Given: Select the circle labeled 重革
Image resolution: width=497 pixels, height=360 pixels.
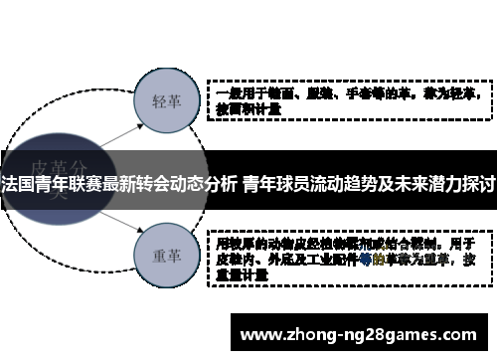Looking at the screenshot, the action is (165, 254).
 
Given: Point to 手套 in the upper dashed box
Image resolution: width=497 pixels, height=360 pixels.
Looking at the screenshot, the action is (345, 95).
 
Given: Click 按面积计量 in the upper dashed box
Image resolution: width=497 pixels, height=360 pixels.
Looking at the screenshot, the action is (249, 110).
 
